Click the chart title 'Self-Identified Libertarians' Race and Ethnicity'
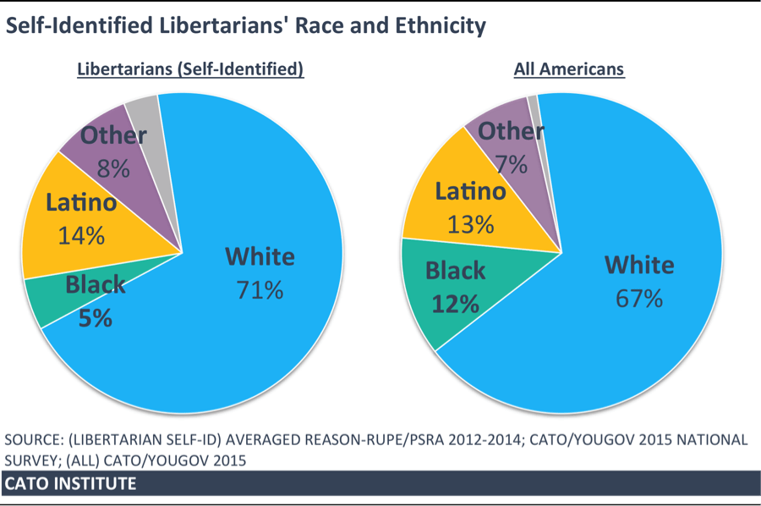[x=246, y=26]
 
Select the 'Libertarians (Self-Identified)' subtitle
[x=190, y=69]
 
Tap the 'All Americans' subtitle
[x=569, y=69]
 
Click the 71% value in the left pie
[x=260, y=290]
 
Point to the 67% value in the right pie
[x=638, y=299]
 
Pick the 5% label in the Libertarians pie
[x=96, y=319]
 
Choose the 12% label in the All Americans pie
[x=456, y=304]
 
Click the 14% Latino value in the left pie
[x=81, y=235]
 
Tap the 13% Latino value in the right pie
[x=470, y=224]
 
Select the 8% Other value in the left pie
[x=113, y=168]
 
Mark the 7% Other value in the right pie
[x=511, y=164]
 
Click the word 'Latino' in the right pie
[x=470, y=192]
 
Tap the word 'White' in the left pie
[x=260, y=257]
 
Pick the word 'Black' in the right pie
[x=455, y=271]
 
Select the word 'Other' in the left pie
[x=113, y=136]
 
